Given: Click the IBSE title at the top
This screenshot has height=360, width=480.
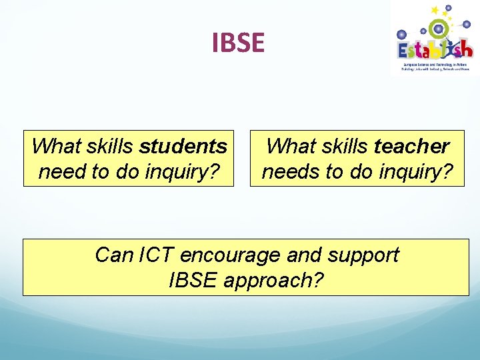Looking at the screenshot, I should coord(238,43).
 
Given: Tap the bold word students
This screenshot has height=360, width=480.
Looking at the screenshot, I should coord(183,146).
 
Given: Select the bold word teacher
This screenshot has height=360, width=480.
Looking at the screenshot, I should coord(412,146).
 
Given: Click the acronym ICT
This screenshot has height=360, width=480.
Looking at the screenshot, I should coord(157,255).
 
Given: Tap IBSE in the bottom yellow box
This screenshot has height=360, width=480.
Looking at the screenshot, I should coord(193,281).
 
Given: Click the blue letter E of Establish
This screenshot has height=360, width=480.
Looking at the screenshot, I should coord(405,51).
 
